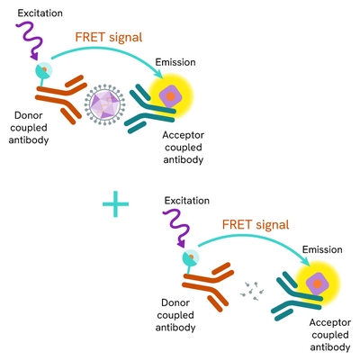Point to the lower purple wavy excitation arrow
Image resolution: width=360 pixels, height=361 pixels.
[179, 230]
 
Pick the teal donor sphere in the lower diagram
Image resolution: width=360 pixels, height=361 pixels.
[190, 258]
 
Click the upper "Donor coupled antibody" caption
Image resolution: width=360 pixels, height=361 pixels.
[31, 140]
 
